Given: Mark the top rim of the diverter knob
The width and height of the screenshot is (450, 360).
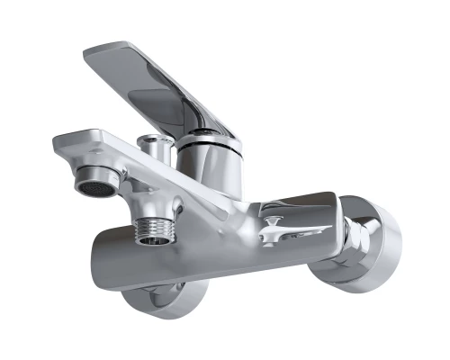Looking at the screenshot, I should point(156,139).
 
